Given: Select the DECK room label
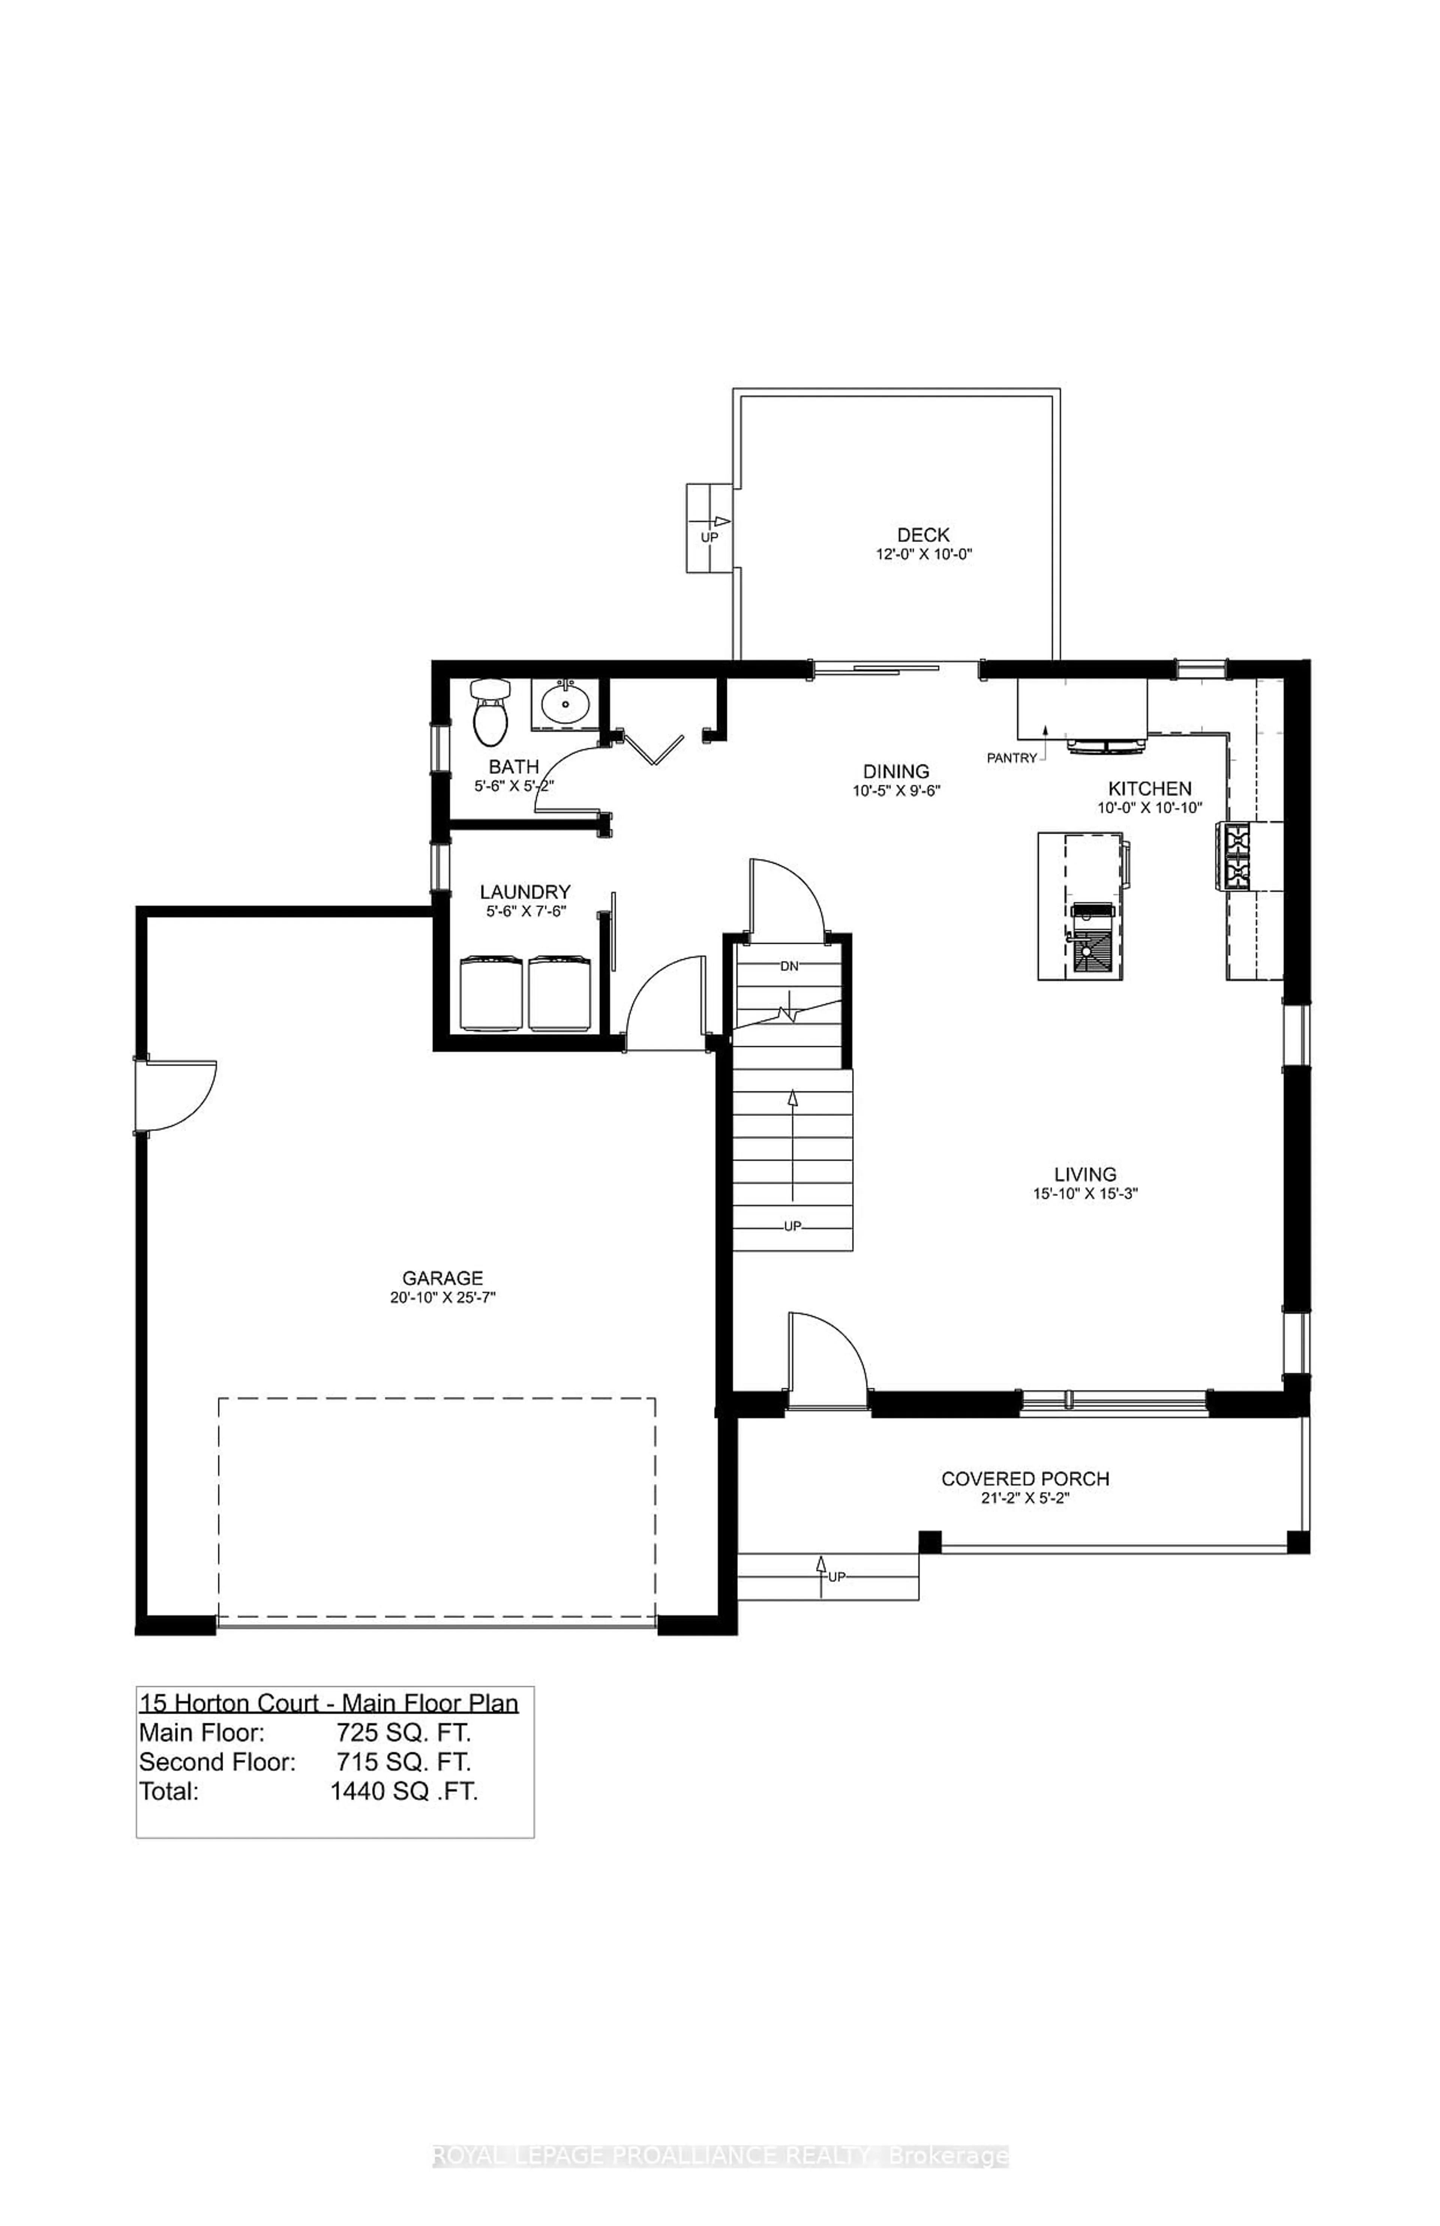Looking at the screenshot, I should pos(923,535).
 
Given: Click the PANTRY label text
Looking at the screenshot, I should pos(1012,758).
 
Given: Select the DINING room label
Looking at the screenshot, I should pos(896,771).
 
